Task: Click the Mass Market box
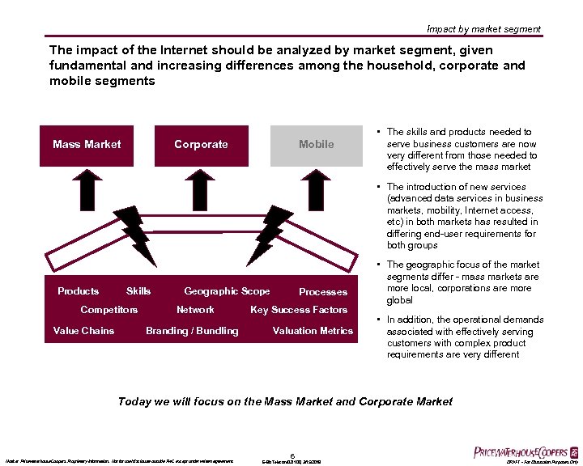pyautogui.click(x=86, y=145)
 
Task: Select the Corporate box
pyautogui.click(x=201, y=145)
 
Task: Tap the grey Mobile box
pyautogui.click(x=316, y=145)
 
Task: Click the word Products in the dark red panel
pyautogui.click(x=79, y=291)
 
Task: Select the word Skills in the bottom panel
pyautogui.click(x=138, y=291)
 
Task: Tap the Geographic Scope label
pyautogui.click(x=227, y=291)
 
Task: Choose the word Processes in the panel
pyautogui.click(x=322, y=292)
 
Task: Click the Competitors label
pyautogui.click(x=109, y=310)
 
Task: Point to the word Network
pyautogui.click(x=195, y=310)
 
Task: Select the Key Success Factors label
pyautogui.click(x=299, y=310)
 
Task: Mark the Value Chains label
pyautogui.click(x=83, y=330)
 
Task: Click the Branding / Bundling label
pyautogui.click(x=192, y=330)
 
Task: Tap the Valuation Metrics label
pyautogui.click(x=313, y=330)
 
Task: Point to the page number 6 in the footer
pyautogui.click(x=291, y=455)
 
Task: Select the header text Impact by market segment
pyautogui.click(x=484, y=29)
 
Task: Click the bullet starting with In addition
pyautogui.click(x=465, y=337)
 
